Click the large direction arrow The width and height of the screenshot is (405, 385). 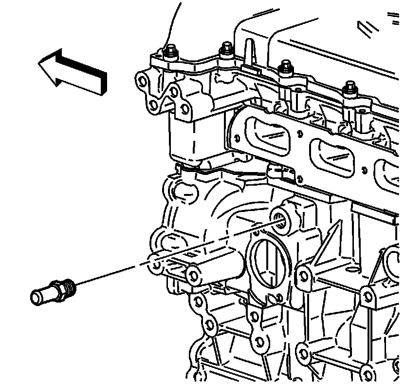point(73,70)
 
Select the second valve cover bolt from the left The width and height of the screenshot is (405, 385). point(226,49)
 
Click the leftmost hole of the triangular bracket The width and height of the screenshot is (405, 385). point(142,80)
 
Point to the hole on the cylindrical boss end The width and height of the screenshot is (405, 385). point(192,274)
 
